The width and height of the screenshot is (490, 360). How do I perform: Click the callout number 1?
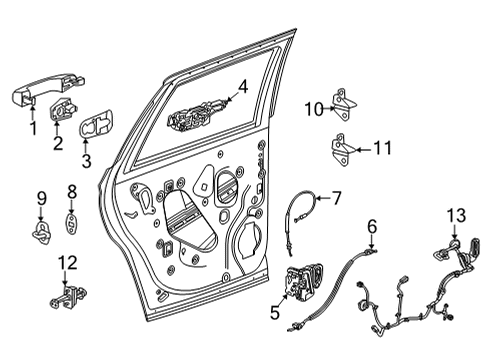tap(31, 128)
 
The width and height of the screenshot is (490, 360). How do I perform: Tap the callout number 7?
tap(336, 198)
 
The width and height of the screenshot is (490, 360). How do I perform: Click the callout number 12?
tap(67, 263)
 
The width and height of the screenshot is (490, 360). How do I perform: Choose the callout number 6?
tap(372, 226)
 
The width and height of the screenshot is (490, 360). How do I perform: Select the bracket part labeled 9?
tap(42, 233)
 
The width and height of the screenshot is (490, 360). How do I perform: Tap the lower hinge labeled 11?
tap(341, 151)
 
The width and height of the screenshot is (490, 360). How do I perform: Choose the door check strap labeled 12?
tap(66, 297)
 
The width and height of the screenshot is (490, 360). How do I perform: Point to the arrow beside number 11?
tap(359, 150)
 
